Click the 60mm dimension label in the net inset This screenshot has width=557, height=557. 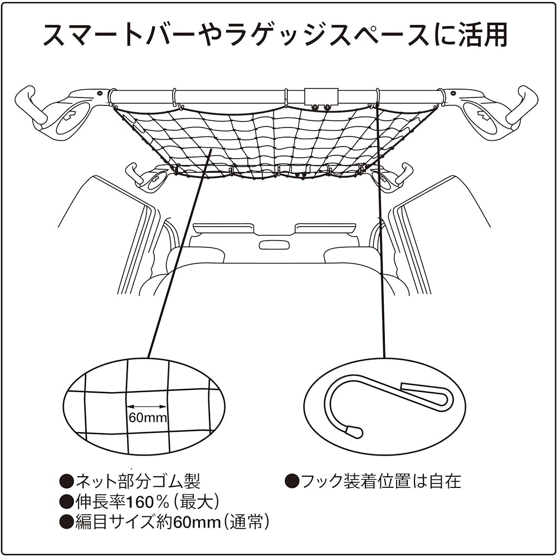point(148,418)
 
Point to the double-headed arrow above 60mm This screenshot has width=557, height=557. point(147,407)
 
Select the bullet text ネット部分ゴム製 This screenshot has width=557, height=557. point(137,481)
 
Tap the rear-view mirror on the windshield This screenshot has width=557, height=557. point(274,245)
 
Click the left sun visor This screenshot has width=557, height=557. point(223,228)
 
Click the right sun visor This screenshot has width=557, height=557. point(325,228)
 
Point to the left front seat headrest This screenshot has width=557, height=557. point(195,255)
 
